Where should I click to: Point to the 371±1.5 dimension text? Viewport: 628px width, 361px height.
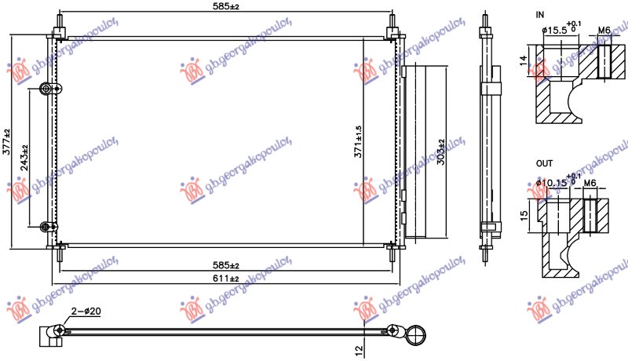[358, 140]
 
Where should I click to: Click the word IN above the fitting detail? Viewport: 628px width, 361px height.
[539, 15]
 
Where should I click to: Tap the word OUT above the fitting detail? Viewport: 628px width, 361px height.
[544, 163]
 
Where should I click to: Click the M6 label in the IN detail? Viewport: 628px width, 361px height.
[604, 30]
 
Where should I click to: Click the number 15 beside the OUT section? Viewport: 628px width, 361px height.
[524, 214]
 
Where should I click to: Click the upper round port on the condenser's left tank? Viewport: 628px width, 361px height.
[46, 89]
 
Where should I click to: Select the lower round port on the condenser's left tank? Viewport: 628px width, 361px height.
[46, 228]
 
